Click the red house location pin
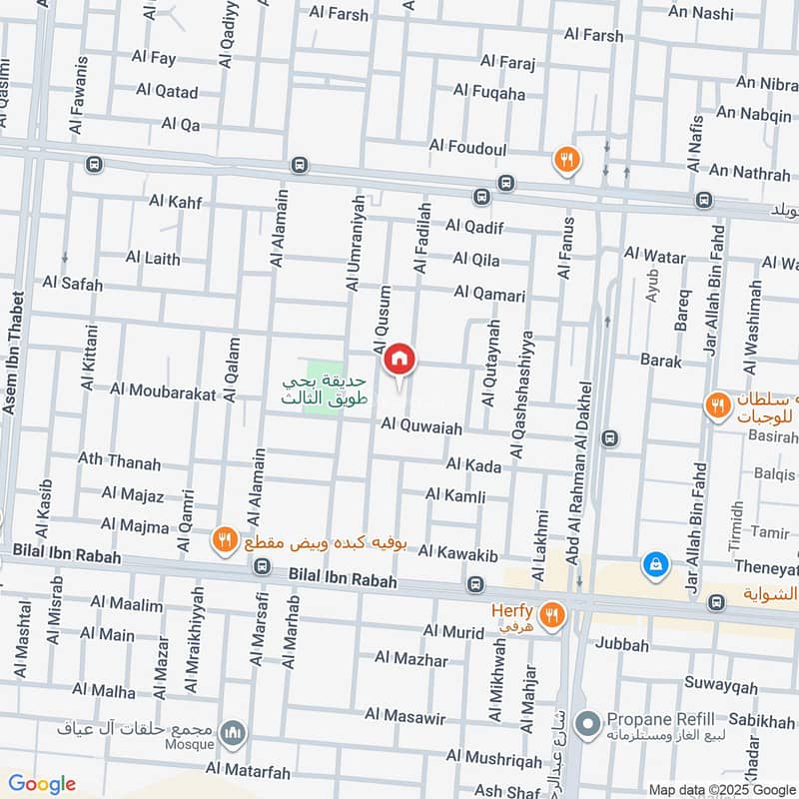(399, 359)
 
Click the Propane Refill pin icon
(589, 721)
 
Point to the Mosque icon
(233, 733)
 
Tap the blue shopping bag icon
(656, 564)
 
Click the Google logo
(41, 784)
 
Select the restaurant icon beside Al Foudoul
(566, 159)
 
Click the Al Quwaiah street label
(421, 427)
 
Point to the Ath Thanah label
(119, 461)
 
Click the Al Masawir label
(404, 714)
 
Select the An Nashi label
(700, 14)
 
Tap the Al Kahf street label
(175, 202)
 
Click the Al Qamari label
(488, 294)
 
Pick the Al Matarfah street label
(248, 769)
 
